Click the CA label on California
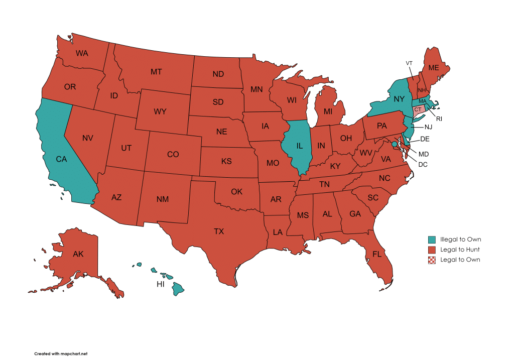coord(61,159)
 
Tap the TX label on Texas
coord(219,231)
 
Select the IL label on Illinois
coord(299,146)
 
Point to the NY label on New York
coord(399,99)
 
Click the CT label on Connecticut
coord(418,109)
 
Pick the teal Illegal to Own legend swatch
coord(432,239)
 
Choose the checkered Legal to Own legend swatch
coord(432,260)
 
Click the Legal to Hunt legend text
coord(460,250)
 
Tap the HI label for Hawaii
coord(161,284)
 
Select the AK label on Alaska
coord(78,254)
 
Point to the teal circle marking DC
coord(395,144)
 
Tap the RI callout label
coord(439,119)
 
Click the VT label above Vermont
coord(409,63)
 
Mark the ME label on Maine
coord(433,68)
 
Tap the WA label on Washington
coord(82,53)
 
